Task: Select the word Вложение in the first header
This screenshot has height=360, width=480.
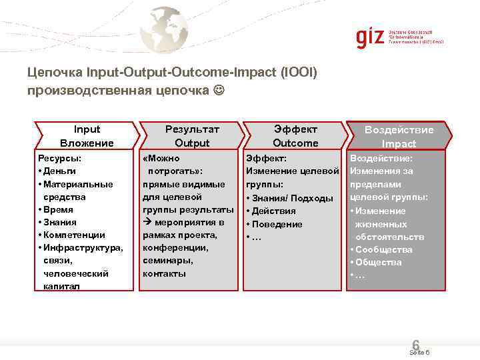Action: click(87, 143)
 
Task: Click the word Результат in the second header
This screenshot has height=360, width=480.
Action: click(192, 129)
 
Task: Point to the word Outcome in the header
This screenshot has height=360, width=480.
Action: click(295, 143)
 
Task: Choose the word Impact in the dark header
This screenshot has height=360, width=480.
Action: click(399, 143)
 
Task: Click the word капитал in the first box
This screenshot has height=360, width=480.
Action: click(61, 286)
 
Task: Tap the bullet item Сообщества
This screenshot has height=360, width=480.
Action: click(383, 249)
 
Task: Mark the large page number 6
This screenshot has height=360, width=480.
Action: click(416, 345)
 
